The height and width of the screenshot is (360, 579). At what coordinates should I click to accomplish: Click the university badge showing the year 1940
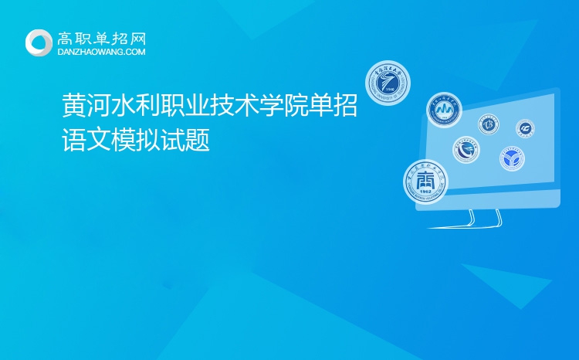tap(387, 83)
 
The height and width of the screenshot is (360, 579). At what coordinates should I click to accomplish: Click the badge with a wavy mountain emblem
tap(444, 110)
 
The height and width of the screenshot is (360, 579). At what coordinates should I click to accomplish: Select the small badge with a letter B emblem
tap(488, 124)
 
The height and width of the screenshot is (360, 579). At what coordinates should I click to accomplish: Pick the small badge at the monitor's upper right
tap(526, 127)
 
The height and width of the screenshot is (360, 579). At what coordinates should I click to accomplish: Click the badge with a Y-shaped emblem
tap(511, 160)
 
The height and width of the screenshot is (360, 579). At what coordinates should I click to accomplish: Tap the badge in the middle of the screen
tap(466, 148)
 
